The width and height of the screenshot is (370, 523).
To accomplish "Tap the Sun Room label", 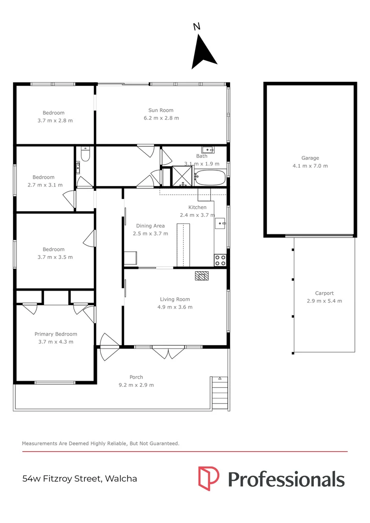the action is tap(161, 110).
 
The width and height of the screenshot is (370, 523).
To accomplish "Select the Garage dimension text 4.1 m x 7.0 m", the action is tap(310, 166).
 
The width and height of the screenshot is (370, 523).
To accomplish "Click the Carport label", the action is tap(324, 293).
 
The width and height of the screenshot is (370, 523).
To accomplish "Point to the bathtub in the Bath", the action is tap(211, 177).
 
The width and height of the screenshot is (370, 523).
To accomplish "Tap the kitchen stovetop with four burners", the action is tap(220, 260).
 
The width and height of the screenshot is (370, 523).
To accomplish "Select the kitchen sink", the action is tap(220, 223).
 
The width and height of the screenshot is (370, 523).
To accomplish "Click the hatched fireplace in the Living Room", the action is tap(202, 276).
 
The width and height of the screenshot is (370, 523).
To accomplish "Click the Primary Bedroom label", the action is tap(56, 334).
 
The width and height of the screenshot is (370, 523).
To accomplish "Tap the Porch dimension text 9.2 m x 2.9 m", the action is tap(136, 385).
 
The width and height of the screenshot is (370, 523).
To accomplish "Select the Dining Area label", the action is tap(150, 226).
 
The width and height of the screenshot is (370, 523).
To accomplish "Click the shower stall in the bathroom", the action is tap(183, 176).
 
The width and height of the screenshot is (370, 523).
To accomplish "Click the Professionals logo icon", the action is tap(209, 478).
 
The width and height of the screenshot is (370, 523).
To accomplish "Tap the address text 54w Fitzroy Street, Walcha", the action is tap(80, 478).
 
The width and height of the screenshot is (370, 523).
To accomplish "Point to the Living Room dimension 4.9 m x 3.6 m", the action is tap(175, 307).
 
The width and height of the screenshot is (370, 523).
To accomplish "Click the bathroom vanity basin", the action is tap(208, 150).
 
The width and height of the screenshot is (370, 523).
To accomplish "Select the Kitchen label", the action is tap(197, 207).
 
